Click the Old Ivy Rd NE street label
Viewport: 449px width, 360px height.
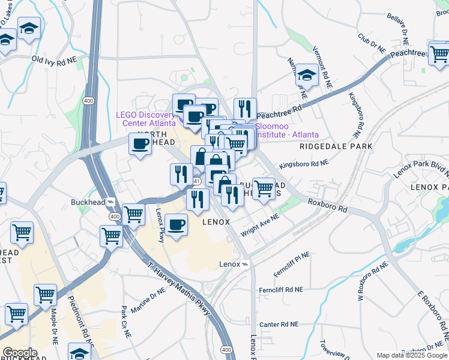[x=55, y=60]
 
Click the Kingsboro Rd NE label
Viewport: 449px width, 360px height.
[x=304, y=163]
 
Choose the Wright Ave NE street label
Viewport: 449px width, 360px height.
[x=260, y=226]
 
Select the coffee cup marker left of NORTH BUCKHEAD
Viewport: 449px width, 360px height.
[x=140, y=145]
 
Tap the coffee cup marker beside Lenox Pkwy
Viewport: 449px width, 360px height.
[x=176, y=226]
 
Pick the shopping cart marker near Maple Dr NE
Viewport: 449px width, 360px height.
[x=46, y=296]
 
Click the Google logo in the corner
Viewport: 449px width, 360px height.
[x=19, y=353]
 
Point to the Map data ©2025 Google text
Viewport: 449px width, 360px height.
[x=412, y=355]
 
